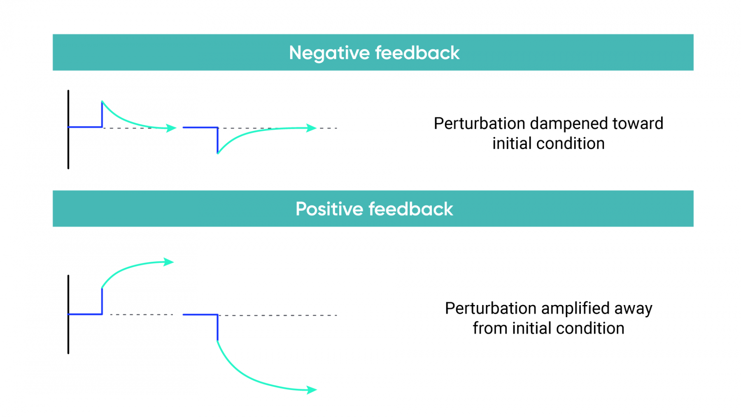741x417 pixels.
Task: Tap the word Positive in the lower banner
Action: pyautogui.click(x=329, y=209)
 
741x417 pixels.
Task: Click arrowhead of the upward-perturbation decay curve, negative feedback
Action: pyautogui.click(x=171, y=128)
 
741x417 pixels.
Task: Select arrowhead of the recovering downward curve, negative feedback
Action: pyautogui.click(x=312, y=128)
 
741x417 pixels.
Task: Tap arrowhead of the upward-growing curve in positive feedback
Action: pyautogui.click(x=169, y=262)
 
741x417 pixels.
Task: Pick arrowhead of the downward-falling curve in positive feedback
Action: pyautogui.click(x=312, y=389)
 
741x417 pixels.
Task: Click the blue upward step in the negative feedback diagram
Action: pyautogui.click(x=102, y=114)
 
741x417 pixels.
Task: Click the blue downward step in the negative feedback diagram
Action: pyautogui.click(x=217, y=140)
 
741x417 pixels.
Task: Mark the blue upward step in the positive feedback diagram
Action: pyautogui.click(x=102, y=301)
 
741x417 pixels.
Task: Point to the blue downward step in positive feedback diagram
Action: pyautogui.click(x=217, y=327)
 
